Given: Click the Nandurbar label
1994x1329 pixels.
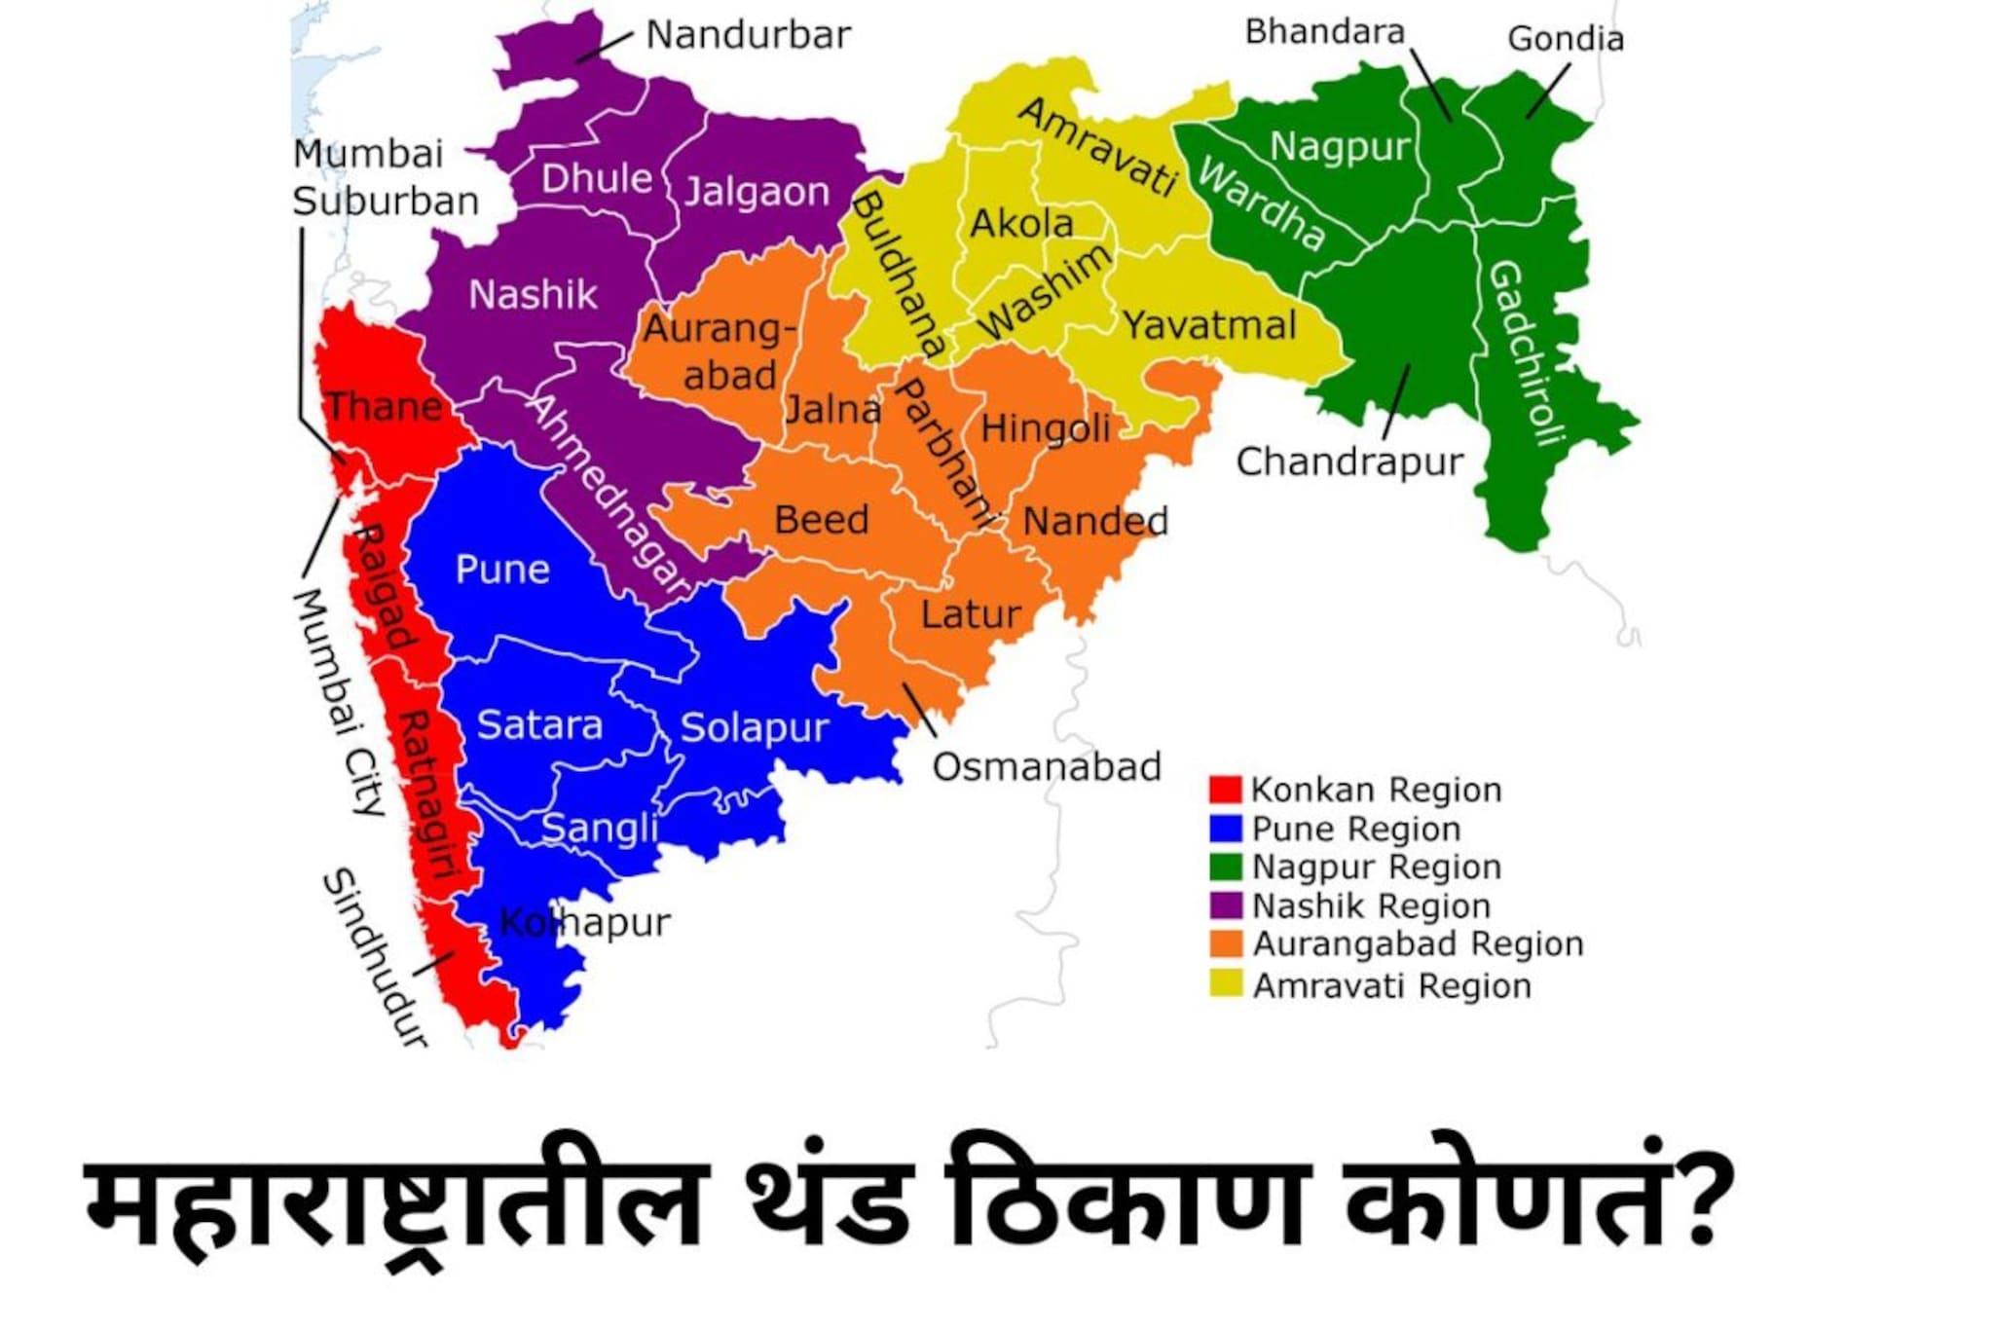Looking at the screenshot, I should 748,35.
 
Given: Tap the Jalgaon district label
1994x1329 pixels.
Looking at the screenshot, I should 757,191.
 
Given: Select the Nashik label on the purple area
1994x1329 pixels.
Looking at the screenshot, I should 533,294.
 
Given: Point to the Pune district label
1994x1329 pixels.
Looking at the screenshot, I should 502,570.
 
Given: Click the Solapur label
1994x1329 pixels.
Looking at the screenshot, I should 754,727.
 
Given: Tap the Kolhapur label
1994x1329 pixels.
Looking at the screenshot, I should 584,922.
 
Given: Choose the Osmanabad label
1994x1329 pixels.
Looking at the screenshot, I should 1047,767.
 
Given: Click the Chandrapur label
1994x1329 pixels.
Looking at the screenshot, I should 1349,461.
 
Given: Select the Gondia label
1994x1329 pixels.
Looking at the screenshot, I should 1566,39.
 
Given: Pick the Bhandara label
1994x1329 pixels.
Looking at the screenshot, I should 1325,32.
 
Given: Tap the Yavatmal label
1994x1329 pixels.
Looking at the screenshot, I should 1209,325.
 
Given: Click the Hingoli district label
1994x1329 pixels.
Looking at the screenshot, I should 1045,428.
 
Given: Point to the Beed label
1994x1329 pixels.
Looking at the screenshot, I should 821,520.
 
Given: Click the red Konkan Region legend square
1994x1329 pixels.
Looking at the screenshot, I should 1225,790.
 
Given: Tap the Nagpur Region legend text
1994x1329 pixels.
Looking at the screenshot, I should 1376,867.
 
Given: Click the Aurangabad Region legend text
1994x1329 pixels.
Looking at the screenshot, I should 1418,943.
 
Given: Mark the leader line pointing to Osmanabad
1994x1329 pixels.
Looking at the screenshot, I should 919,709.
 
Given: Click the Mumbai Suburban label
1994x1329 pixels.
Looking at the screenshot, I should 385,178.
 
